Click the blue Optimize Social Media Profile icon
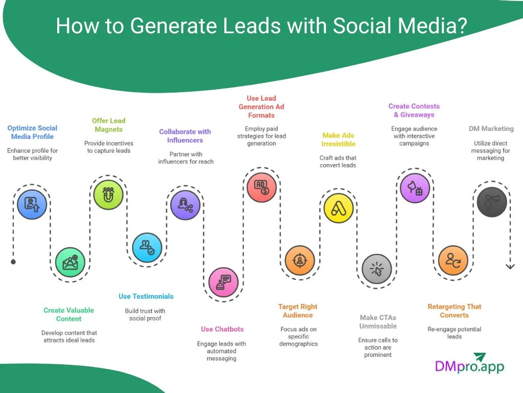pyautogui.click(x=32, y=204)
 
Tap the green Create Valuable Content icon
pyautogui.click(x=70, y=263)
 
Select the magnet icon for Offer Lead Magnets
pyautogui.click(x=108, y=194)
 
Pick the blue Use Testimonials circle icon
pyautogui.click(x=147, y=248)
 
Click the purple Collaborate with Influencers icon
pyautogui.click(x=185, y=205)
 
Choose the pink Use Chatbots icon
pyautogui.click(x=224, y=282)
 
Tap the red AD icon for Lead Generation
pyautogui.click(x=261, y=187)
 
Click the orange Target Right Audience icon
pyautogui.click(x=300, y=260)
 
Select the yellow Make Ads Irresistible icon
pyautogui.click(x=339, y=208)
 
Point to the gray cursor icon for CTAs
pyautogui.click(x=377, y=269)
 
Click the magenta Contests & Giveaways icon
pyautogui.click(x=415, y=188)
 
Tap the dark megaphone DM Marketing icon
pyautogui.click(x=492, y=201)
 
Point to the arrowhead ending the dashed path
pyautogui.click(x=510, y=266)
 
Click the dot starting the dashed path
pyautogui.click(x=13, y=262)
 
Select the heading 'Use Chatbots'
pyautogui.click(x=222, y=329)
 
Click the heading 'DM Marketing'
pyautogui.click(x=491, y=128)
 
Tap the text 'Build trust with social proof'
pyautogui.click(x=145, y=315)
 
